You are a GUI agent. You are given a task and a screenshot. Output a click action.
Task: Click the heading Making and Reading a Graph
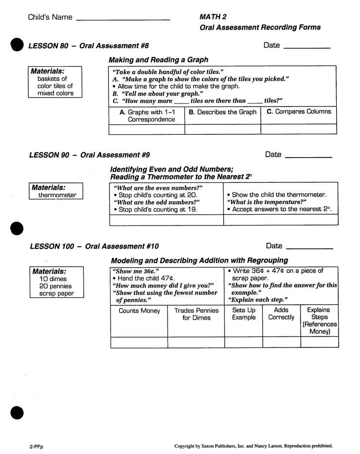(x=158, y=59)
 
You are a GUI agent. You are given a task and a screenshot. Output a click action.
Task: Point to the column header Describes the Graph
(x=223, y=112)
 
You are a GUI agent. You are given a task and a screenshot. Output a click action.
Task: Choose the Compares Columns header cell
(x=299, y=112)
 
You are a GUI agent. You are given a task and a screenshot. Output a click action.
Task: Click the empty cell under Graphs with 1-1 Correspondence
(x=147, y=129)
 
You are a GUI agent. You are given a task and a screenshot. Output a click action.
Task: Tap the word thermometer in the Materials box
(x=58, y=195)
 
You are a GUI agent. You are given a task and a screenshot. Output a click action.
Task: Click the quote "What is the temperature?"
(x=267, y=202)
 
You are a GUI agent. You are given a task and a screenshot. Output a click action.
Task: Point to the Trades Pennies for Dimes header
(x=196, y=314)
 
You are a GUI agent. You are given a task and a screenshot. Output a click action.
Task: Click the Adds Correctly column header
(x=281, y=314)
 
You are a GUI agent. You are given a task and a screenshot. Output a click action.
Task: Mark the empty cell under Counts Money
(x=139, y=342)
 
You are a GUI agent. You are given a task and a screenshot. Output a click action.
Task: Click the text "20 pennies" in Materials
(x=56, y=286)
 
